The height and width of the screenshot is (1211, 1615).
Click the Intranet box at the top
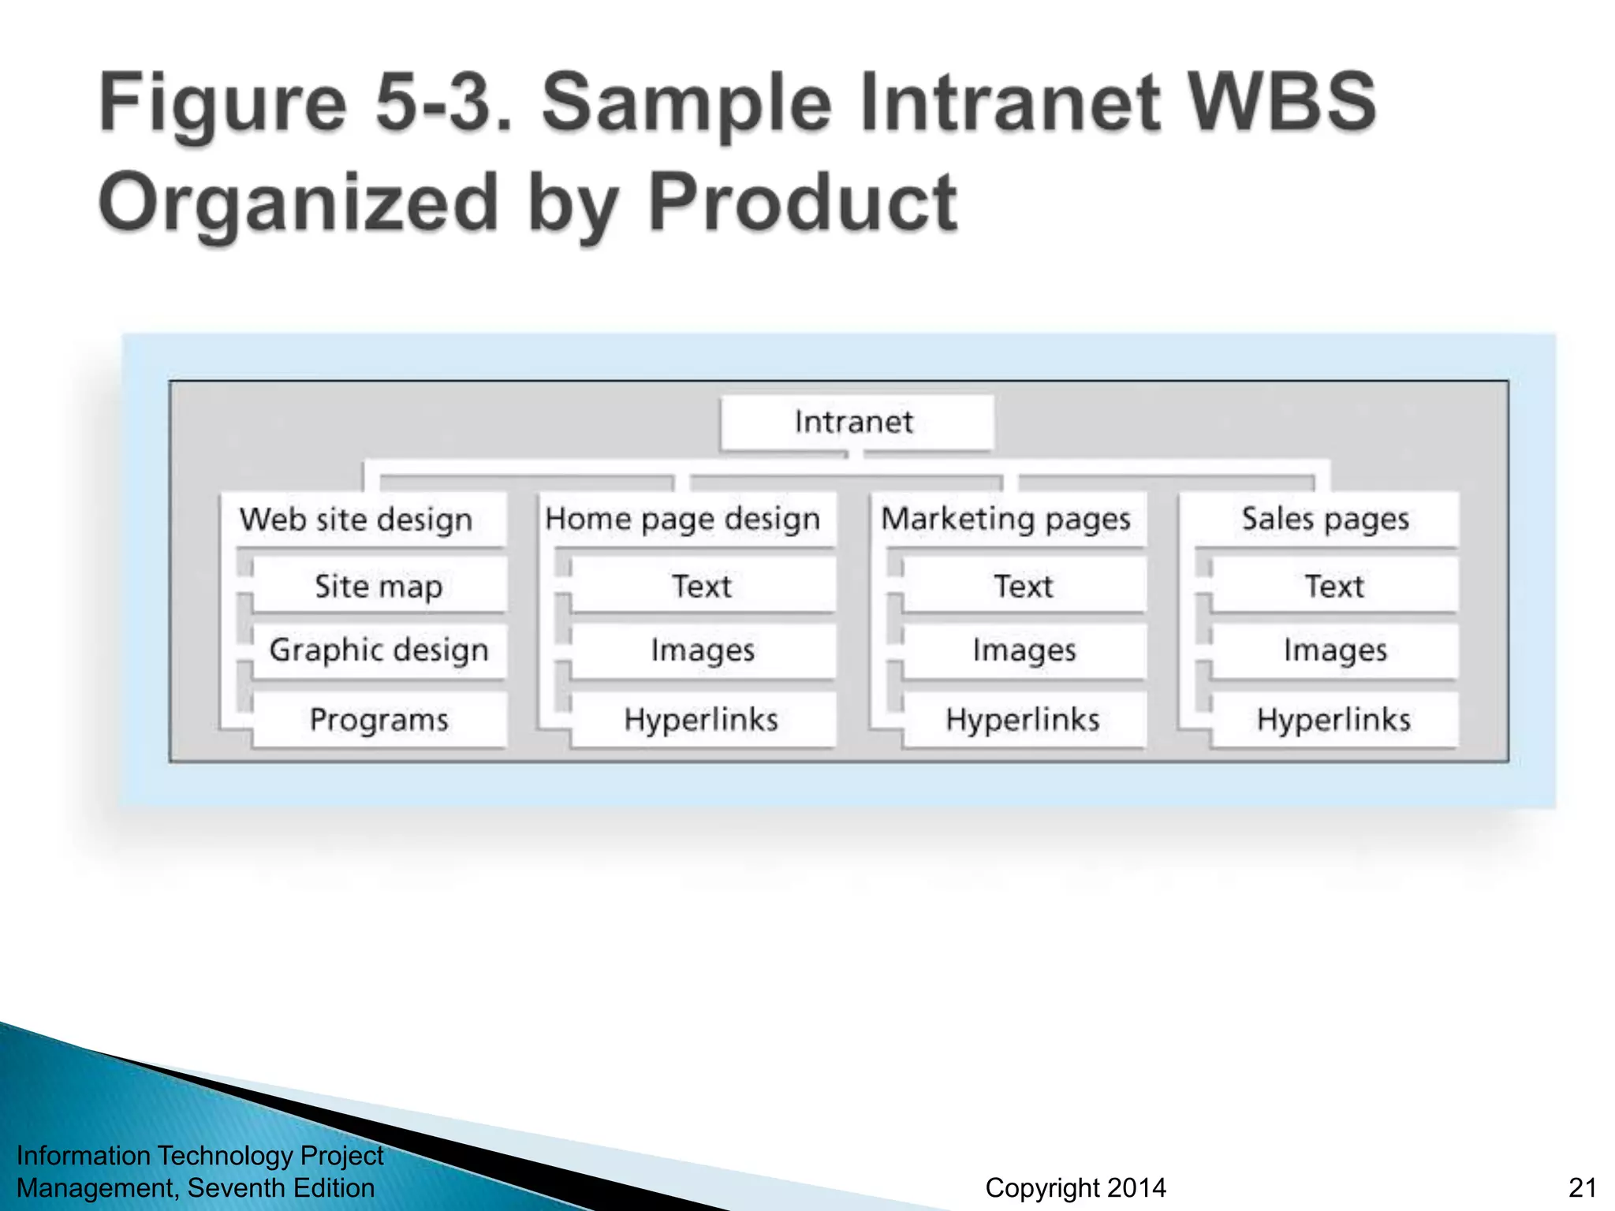click(x=856, y=423)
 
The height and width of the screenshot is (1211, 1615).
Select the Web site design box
click(x=363, y=520)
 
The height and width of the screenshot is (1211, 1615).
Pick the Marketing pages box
click(x=1006, y=519)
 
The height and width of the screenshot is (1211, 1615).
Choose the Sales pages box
click(x=1326, y=519)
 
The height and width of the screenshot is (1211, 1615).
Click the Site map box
click(x=379, y=586)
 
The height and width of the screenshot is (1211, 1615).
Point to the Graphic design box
click(x=379, y=650)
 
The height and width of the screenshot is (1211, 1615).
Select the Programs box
click(x=379, y=719)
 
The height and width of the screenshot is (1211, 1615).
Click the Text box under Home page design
click(x=702, y=586)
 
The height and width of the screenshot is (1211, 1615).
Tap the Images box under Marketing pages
click(x=1024, y=650)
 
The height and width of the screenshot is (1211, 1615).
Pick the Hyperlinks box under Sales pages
click(x=1333, y=719)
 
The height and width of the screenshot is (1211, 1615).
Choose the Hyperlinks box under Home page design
click(x=702, y=719)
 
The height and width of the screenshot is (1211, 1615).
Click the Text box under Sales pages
click(x=1333, y=586)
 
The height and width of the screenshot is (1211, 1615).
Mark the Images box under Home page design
click(x=702, y=650)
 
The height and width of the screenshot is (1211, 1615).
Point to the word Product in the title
click(x=803, y=203)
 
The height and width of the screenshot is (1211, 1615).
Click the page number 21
click(x=1583, y=1187)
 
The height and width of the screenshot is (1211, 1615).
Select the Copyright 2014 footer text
click(x=1076, y=1187)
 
